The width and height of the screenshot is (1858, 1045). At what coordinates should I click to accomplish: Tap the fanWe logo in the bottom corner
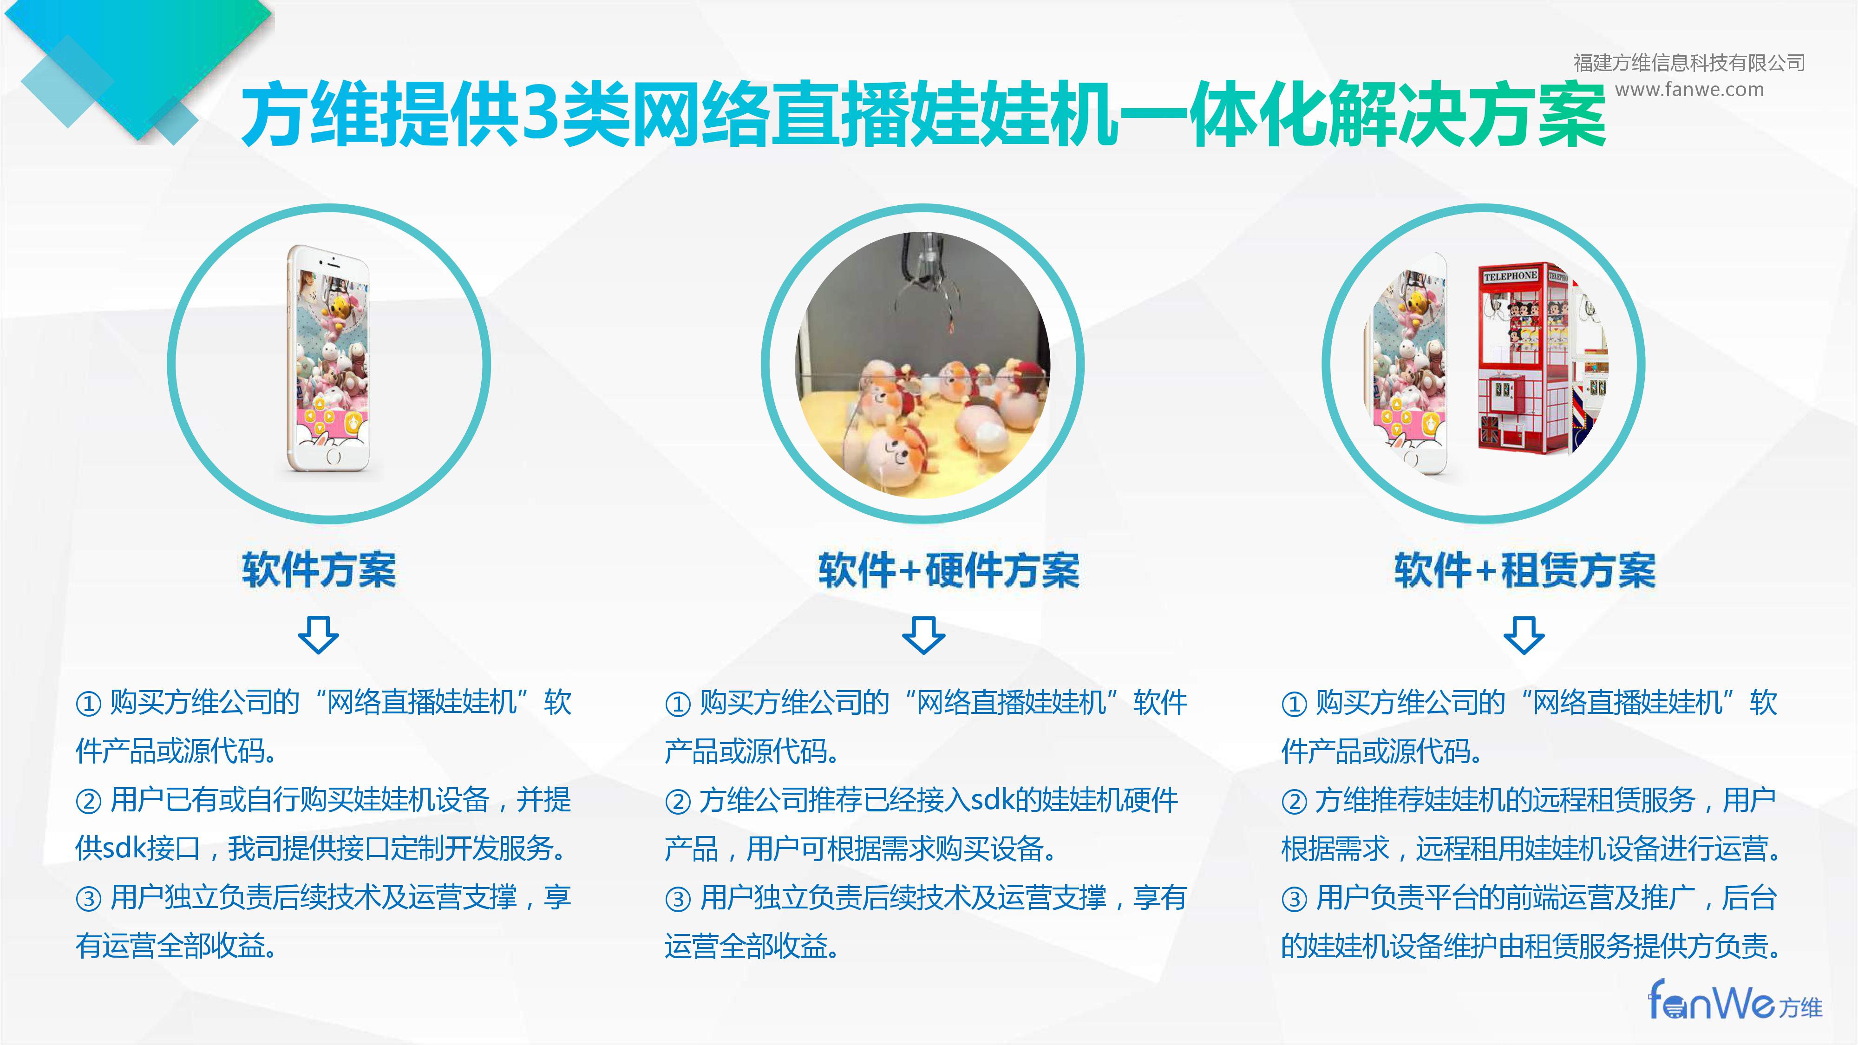tap(1734, 1000)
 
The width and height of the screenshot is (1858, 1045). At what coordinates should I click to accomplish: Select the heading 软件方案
tap(319, 570)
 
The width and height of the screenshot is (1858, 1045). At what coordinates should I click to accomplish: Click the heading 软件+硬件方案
tap(949, 570)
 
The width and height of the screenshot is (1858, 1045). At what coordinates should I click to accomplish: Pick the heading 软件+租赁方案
tap(1524, 570)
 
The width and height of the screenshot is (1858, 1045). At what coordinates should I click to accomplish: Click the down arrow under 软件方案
tap(318, 634)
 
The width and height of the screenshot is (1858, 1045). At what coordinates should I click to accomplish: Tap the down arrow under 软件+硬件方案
tap(923, 634)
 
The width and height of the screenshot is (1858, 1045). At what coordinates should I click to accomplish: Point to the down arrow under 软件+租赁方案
tap(1524, 634)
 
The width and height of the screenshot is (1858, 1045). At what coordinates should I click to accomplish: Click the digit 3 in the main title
tap(541, 113)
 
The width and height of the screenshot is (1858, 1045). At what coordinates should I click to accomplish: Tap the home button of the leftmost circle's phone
tap(333, 457)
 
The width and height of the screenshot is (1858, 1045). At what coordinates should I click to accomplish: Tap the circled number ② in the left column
tap(89, 801)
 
